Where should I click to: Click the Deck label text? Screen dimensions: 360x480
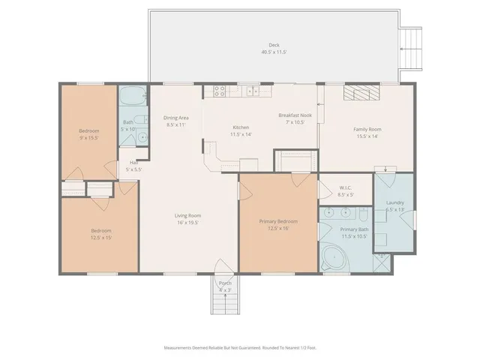(274, 45)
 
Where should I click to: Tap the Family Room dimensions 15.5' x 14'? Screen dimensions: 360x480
(368, 136)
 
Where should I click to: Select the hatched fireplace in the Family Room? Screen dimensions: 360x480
(362, 91)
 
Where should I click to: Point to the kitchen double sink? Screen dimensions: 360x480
(253, 91)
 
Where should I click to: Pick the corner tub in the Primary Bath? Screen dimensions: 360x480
(331, 259)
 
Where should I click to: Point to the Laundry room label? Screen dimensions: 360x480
(395, 203)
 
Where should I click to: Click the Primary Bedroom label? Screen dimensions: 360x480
(278, 221)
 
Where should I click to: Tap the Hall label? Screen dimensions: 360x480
(133, 162)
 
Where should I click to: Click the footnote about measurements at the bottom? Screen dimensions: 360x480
(239, 348)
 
